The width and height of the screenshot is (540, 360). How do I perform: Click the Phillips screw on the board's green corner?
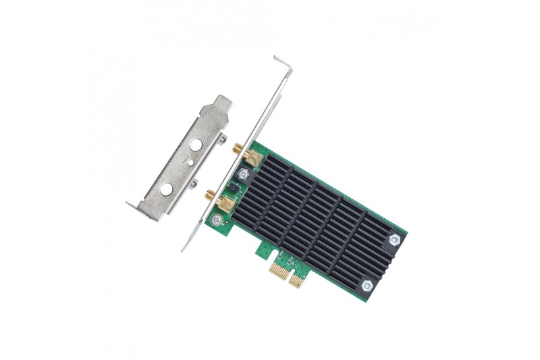[216, 220]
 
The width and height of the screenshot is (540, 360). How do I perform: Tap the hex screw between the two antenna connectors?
[244, 173]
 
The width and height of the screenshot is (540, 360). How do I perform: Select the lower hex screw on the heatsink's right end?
[367, 286]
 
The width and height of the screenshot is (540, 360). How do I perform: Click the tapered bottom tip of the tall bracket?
[184, 248]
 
